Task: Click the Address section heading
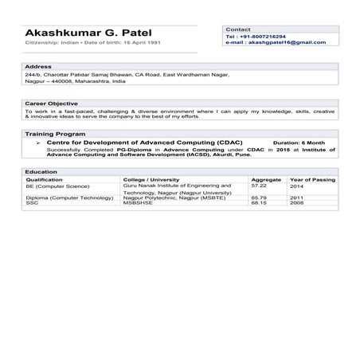click(38, 66)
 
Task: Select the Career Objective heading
click(51, 103)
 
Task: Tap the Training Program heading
click(55, 134)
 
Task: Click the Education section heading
click(41, 172)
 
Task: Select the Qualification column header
click(44, 180)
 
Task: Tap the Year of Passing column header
click(312, 180)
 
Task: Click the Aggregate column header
click(266, 180)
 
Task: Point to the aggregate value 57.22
click(259, 186)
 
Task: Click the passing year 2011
click(296, 197)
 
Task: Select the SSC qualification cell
click(32, 202)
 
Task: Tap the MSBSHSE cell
click(138, 202)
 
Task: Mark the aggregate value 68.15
click(259, 202)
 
